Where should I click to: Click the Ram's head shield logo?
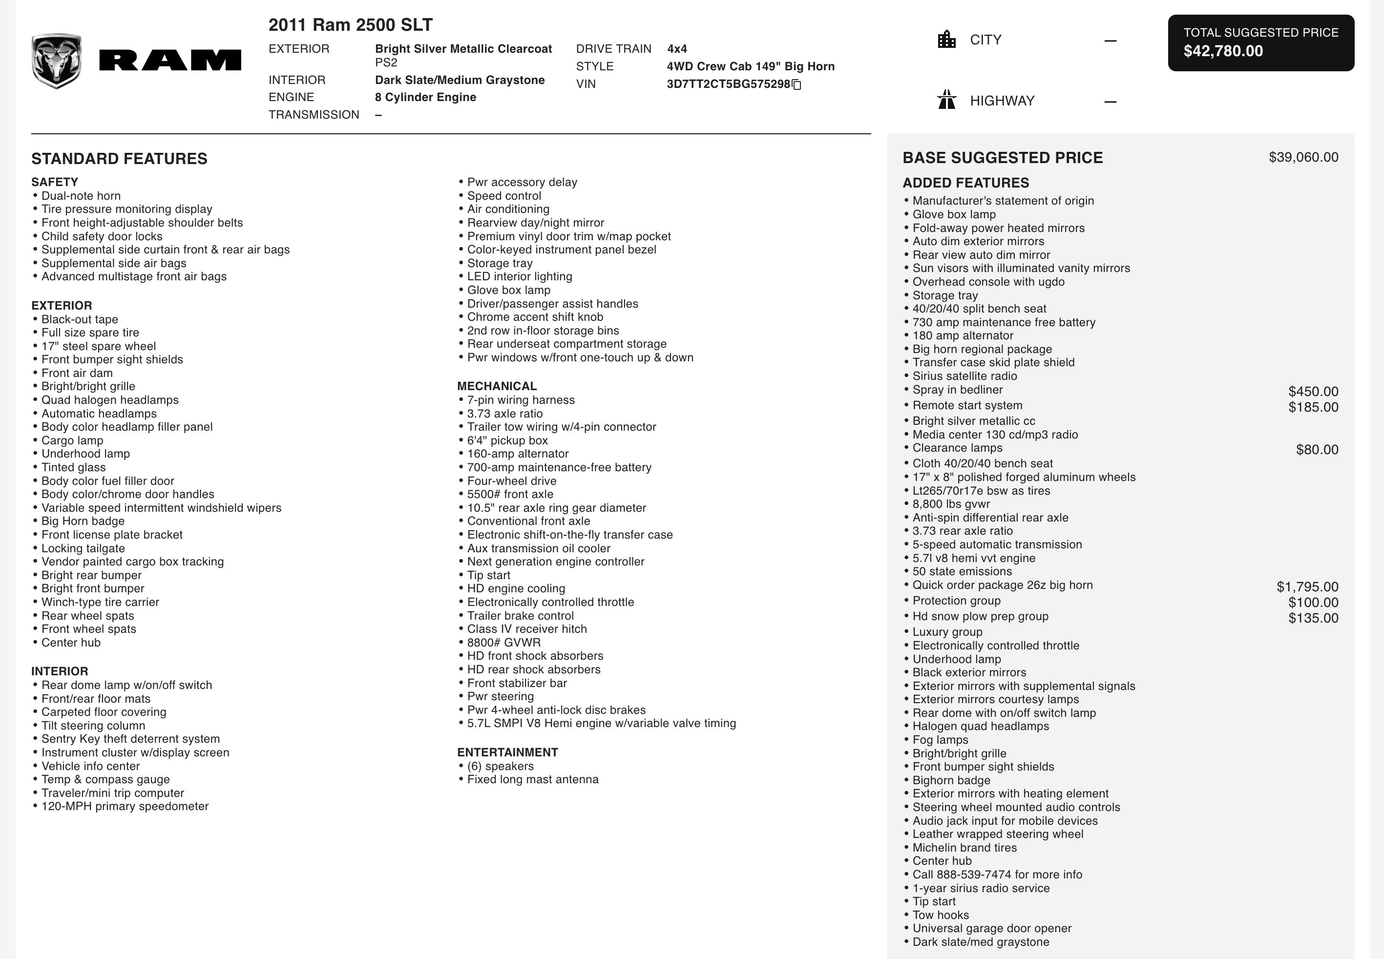tap(57, 61)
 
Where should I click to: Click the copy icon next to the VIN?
tap(797, 85)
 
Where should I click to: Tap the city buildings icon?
tap(946, 40)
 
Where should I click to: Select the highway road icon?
tap(946, 100)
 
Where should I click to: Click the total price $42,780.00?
tap(1223, 51)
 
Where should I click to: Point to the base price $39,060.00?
tap(1303, 157)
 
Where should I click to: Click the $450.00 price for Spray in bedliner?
tap(1313, 391)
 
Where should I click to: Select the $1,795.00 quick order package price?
tap(1307, 586)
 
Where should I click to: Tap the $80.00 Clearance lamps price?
tap(1317, 449)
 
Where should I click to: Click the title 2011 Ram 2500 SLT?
tap(350, 25)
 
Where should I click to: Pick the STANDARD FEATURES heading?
tap(119, 159)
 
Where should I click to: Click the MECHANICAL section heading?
tap(496, 386)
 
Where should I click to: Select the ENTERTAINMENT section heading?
tap(507, 752)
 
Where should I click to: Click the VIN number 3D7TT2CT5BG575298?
tap(728, 84)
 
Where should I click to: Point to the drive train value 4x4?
tap(677, 49)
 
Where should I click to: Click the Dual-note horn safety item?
tap(81, 196)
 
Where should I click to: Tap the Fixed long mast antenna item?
tap(532, 779)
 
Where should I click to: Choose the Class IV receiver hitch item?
tap(526, 629)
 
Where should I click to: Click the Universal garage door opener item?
tap(991, 928)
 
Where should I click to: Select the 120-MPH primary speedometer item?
tap(125, 806)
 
